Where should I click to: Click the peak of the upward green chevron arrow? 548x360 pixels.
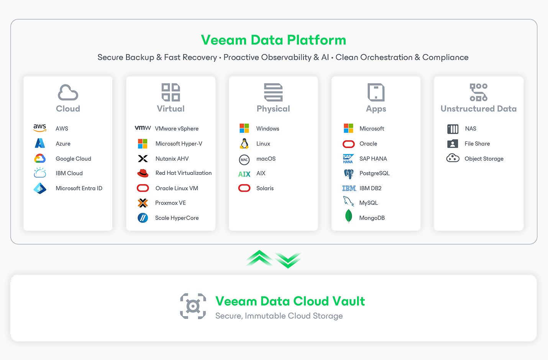click(259, 250)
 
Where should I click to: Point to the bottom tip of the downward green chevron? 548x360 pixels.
click(288, 268)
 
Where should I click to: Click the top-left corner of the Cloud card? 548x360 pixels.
click(23, 76)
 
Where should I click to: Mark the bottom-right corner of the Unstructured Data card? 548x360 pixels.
click(523, 230)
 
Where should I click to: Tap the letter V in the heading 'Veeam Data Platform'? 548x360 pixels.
click(206, 40)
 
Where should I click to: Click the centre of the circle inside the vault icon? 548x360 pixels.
click(193, 306)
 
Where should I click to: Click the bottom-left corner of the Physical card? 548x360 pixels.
click(229, 230)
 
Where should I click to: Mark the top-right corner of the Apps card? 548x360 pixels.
click(420, 76)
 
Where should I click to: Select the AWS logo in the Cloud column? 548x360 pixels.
click(39, 128)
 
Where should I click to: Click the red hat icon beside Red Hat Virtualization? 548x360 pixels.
click(143, 173)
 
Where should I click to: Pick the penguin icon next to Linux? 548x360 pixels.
click(244, 144)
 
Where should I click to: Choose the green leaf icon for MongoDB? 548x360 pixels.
click(348, 216)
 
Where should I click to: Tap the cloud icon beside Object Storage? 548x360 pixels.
click(453, 158)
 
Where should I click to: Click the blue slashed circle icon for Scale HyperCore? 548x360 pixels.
click(143, 217)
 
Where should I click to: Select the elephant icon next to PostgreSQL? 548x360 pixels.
click(349, 174)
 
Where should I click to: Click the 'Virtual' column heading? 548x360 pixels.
click(171, 108)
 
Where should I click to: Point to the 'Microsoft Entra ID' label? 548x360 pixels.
click(79, 188)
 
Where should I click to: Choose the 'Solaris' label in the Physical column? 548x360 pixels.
click(265, 188)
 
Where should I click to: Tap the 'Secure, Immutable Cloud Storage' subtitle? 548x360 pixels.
click(279, 316)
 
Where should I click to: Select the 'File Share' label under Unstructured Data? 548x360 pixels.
click(477, 144)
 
